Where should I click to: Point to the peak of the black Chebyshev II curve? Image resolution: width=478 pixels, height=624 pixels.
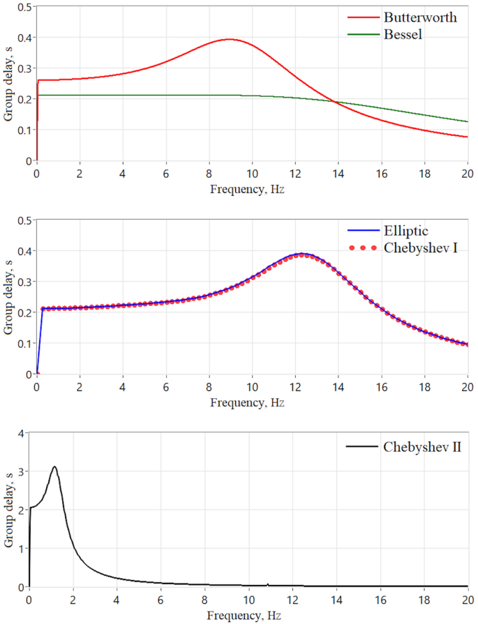coord(54,467)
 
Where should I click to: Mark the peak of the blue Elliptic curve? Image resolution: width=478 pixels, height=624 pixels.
coord(301,254)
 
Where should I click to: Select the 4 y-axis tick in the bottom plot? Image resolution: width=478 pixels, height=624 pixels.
coord(21,434)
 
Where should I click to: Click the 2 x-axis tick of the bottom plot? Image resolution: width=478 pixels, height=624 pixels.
coord(73,599)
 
